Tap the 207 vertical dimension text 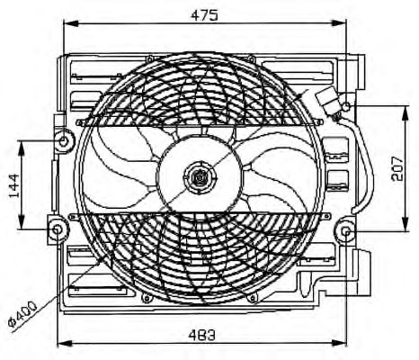tap(401, 167)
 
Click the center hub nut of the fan tap(194, 177)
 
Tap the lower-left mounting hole tap(57, 229)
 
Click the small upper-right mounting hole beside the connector tap(347, 109)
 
